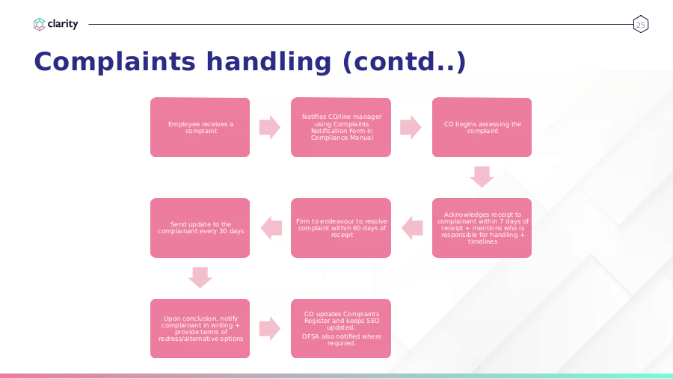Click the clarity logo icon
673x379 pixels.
(x=39, y=24)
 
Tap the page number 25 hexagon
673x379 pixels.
(x=640, y=25)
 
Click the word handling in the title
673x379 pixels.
(x=268, y=61)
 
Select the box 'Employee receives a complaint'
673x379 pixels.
(x=200, y=127)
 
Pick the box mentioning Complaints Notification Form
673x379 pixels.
(x=341, y=127)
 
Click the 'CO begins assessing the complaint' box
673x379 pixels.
(x=482, y=127)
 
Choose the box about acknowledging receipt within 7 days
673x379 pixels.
(x=482, y=228)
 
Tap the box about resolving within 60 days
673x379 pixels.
(x=341, y=228)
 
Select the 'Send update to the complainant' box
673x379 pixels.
(x=200, y=228)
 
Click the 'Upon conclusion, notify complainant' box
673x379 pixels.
(x=200, y=328)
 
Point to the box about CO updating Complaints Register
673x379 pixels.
(x=341, y=328)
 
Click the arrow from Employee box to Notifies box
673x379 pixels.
(x=270, y=127)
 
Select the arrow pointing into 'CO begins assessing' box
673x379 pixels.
(x=411, y=127)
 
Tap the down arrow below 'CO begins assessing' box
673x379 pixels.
(x=482, y=177)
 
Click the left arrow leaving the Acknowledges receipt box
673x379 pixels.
(x=412, y=228)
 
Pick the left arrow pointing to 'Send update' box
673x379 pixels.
(x=271, y=228)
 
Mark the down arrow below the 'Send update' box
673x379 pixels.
(x=200, y=277)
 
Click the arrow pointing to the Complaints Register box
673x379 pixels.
(x=270, y=328)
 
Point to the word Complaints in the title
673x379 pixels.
(x=114, y=61)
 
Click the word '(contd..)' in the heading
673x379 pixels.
(x=405, y=61)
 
